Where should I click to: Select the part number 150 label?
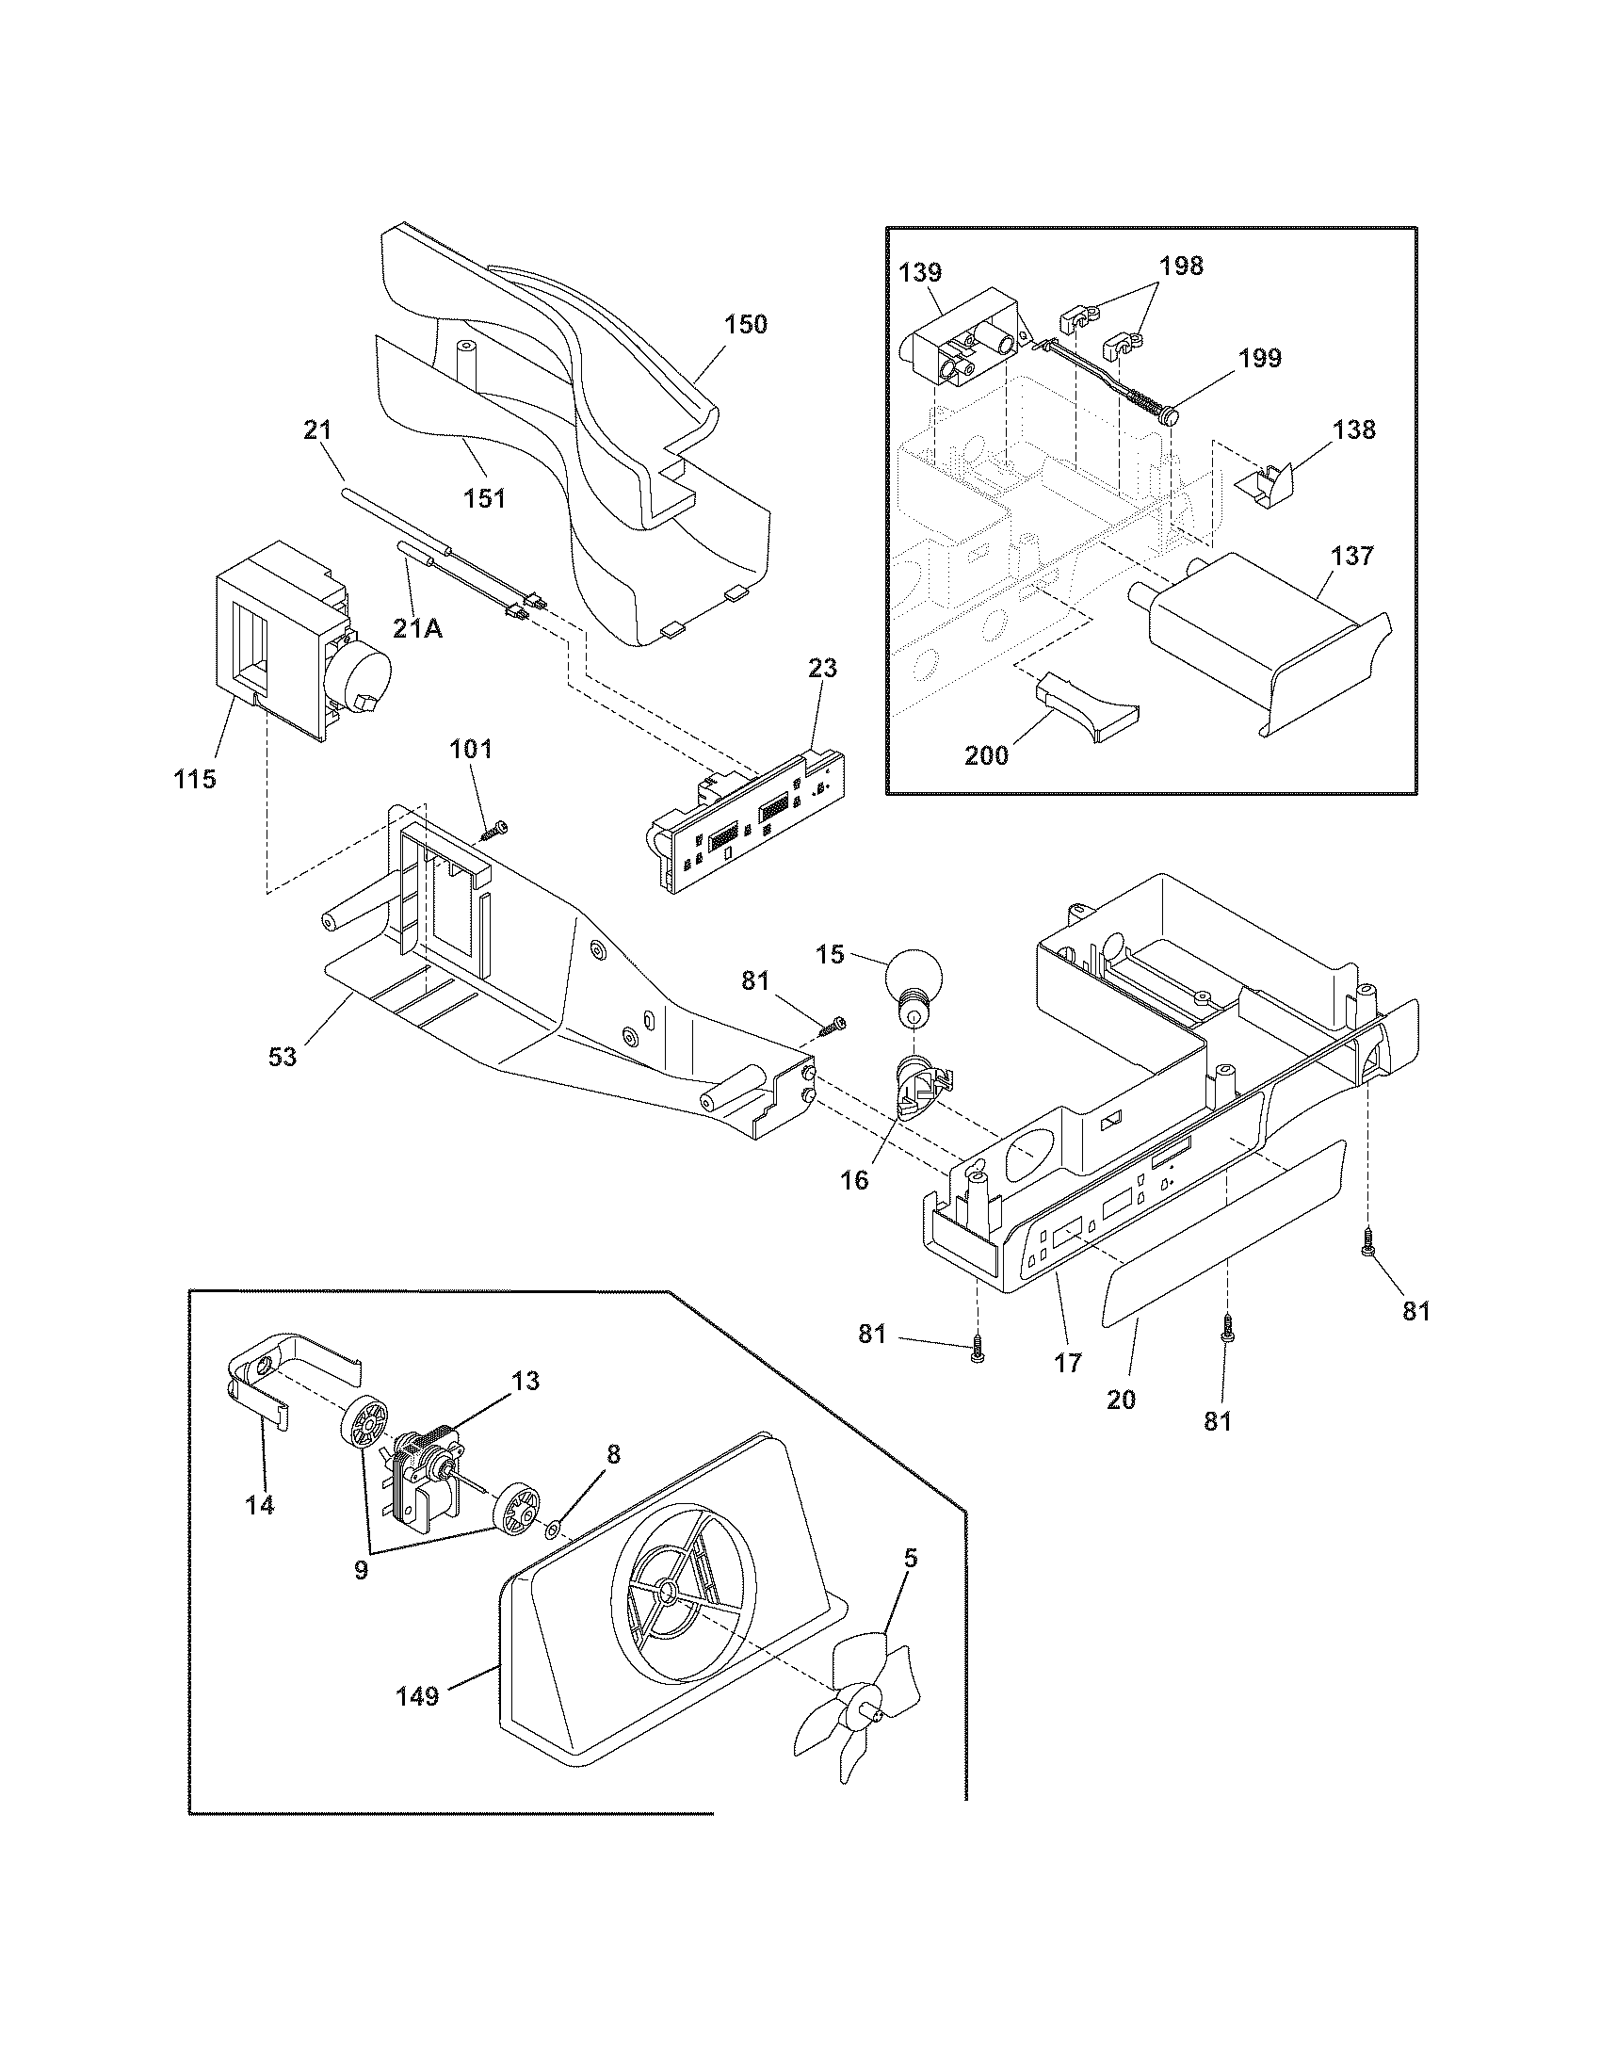[746, 325]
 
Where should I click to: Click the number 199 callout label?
[1258, 359]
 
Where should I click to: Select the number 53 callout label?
[283, 1056]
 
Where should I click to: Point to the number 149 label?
[418, 1696]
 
